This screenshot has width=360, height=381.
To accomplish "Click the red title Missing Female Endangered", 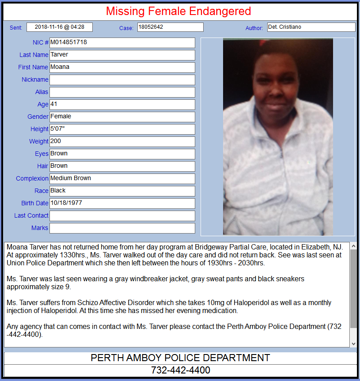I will coord(178,11).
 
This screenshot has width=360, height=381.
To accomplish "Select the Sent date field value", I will coord(60,27).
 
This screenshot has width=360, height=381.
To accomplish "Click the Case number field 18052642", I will coord(170,27).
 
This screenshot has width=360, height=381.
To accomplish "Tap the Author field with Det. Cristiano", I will coord(311,27).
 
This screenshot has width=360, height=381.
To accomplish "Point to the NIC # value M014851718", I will coord(122,43).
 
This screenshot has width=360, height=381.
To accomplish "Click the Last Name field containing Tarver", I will coord(122,55).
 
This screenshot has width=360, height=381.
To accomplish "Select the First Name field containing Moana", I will coord(122,68).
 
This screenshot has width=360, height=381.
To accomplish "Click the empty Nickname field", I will coord(122,80).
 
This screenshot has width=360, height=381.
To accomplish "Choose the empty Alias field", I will coord(122,92).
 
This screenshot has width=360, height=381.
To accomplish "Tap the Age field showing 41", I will coord(122,105).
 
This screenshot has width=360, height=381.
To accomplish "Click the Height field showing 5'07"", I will coord(122,129).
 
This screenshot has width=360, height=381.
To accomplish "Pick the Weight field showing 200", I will coord(122,142).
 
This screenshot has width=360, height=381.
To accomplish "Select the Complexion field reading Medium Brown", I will coord(122,179).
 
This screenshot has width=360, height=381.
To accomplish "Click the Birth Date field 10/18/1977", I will coord(122,204).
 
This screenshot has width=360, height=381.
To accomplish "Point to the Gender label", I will coord(38,117).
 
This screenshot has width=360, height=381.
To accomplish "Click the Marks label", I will coord(40,228).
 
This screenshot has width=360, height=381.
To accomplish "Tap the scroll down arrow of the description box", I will coord(353,343).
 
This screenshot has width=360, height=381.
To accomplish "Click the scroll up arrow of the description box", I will coord(353,246).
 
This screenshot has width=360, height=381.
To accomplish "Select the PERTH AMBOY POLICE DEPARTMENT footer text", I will coord(180,358).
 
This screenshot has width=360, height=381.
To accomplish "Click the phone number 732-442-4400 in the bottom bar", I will coord(180,370).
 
